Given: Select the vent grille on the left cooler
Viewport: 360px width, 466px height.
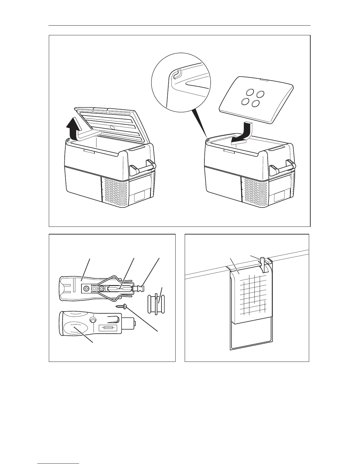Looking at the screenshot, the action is pos(115,189).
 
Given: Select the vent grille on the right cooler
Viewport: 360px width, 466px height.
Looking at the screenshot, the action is pos(254,189).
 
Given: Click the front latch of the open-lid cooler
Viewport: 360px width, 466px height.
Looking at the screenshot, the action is pos(89,152).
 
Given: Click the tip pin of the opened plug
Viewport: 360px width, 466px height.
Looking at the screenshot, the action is pos(138,288).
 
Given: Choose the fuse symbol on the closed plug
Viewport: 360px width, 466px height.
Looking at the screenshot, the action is pos(108,328).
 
